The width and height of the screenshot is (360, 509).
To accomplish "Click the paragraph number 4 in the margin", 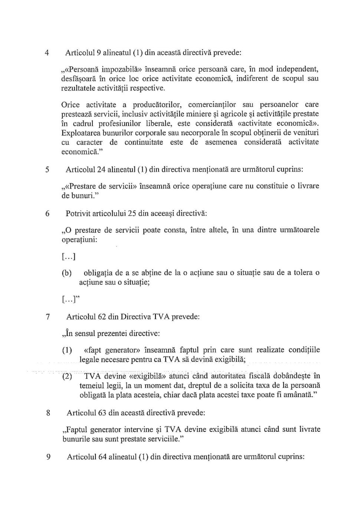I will point(47,53).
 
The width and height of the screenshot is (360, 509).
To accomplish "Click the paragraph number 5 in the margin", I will point(47,170).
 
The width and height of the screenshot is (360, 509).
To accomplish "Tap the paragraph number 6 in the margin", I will point(47,214).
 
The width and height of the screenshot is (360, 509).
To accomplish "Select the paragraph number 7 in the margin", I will point(48,317).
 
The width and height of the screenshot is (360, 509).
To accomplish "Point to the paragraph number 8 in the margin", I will point(48,413).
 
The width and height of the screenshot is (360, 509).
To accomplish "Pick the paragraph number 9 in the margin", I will point(48,457).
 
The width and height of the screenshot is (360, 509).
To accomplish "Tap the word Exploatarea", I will point(80,133).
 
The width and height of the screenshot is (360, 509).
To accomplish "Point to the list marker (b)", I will point(67,273).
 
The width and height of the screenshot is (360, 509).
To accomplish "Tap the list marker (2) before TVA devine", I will point(67,376).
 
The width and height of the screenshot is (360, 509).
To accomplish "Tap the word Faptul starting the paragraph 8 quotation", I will point(76,430).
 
